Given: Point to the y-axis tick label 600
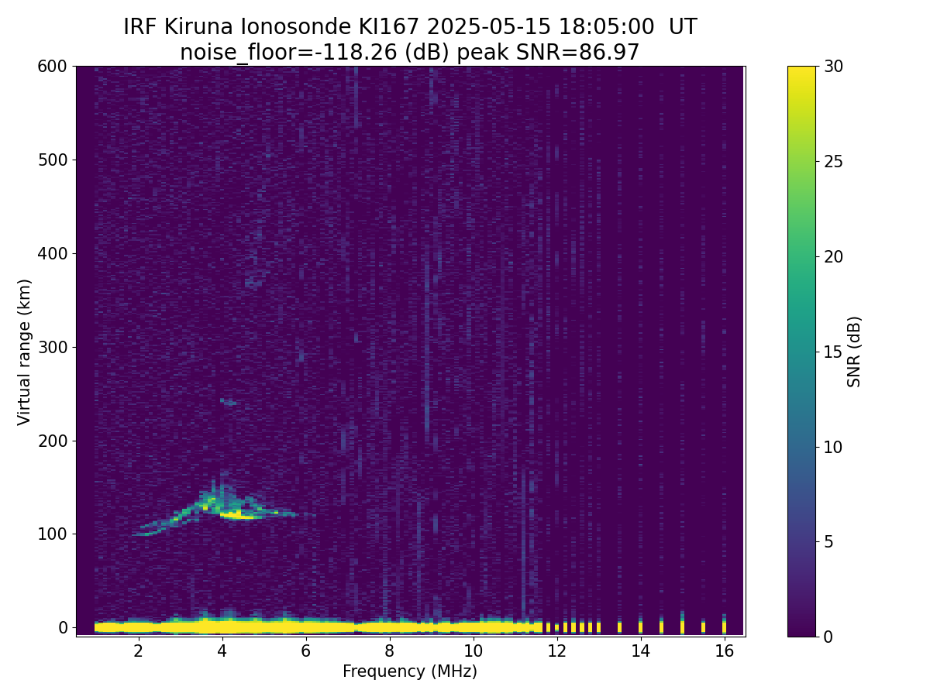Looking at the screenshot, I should [x=53, y=67].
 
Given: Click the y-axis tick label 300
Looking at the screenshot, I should [x=53, y=347].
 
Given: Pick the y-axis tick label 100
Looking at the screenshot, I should [x=53, y=534].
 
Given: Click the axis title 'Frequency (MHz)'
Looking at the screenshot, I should [x=410, y=671].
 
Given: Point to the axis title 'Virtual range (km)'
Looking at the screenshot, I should [x=24, y=352].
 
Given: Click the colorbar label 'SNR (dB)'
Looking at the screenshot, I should [x=854, y=352].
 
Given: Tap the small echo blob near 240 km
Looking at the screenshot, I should [x=229, y=402].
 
